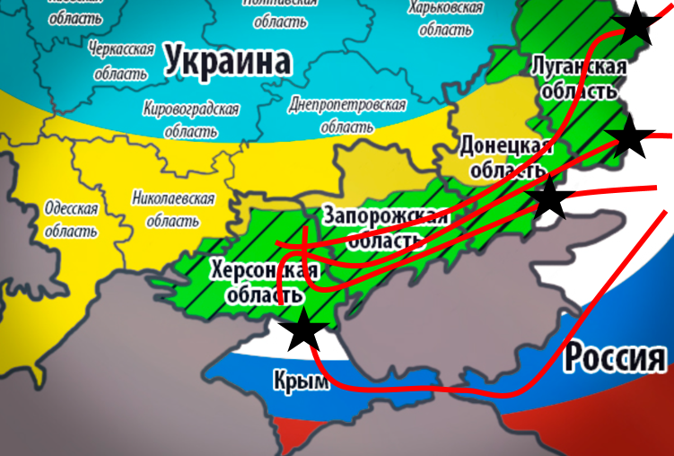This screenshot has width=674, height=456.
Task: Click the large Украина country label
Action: tap(228, 61)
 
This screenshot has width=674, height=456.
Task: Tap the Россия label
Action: tap(615, 358)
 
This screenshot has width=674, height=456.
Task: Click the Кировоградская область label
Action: tap(190, 119)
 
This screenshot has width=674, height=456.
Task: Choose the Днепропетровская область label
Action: tap(347, 115)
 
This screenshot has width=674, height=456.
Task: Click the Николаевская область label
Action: tap(172, 208)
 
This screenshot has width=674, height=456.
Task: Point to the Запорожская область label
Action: tap(384, 228)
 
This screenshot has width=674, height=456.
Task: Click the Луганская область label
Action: tap(575, 78)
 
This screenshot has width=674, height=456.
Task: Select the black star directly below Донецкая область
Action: tap(548, 197)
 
